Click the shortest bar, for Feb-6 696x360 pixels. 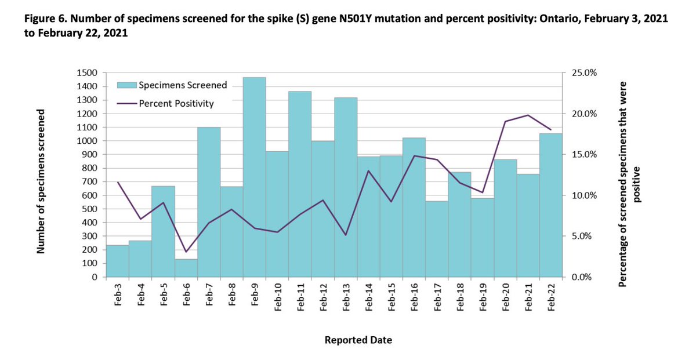tap(186, 267)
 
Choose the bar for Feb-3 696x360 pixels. tap(117, 261)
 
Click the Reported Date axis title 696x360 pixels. tap(358, 340)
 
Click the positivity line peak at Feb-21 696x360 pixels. tap(528, 115)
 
